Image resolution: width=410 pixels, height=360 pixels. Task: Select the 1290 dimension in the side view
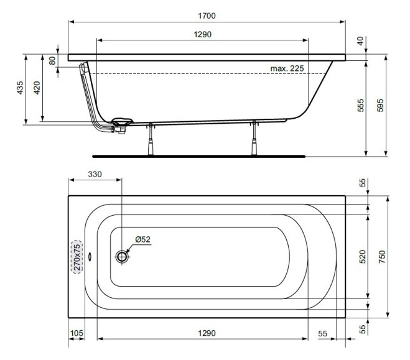[x=202, y=34]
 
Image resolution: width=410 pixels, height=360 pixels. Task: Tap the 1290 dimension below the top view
[x=202, y=333]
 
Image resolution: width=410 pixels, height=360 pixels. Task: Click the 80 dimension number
[x=52, y=61]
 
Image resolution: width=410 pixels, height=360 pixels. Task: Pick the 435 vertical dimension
[x=21, y=89]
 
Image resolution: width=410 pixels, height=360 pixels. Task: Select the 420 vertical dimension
[x=37, y=89]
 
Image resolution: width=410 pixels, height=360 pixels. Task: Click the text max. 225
[x=287, y=68]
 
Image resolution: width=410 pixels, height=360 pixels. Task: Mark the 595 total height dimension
[x=381, y=106]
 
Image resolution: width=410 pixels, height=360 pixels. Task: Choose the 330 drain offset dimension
[x=95, y=175]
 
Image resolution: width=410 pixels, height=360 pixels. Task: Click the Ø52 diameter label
[x=143, y=239]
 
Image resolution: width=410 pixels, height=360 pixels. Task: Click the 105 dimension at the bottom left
[x=75, y=333]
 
